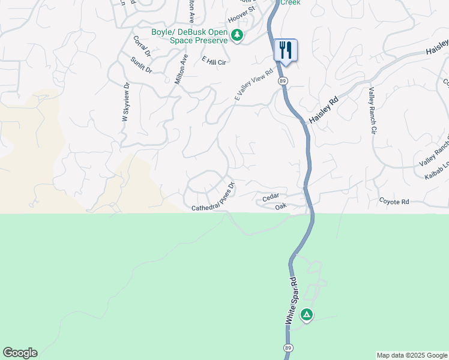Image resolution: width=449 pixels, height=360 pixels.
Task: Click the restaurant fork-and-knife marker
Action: [285, 50]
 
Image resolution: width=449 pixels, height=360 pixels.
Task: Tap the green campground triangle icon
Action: [307, 314]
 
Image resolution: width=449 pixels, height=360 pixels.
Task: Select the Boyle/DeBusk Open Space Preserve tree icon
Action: [238, 36]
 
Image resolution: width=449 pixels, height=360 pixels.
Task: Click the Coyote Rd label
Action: [394, 202]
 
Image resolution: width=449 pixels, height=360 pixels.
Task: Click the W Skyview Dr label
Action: [126, 103]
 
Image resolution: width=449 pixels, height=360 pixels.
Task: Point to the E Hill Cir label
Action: [214, 61]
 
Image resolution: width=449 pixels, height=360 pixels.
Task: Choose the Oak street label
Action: [281, 206]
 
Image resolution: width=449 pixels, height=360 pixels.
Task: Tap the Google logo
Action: [20, 353]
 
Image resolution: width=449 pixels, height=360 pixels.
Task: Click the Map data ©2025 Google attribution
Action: [411, 355]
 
